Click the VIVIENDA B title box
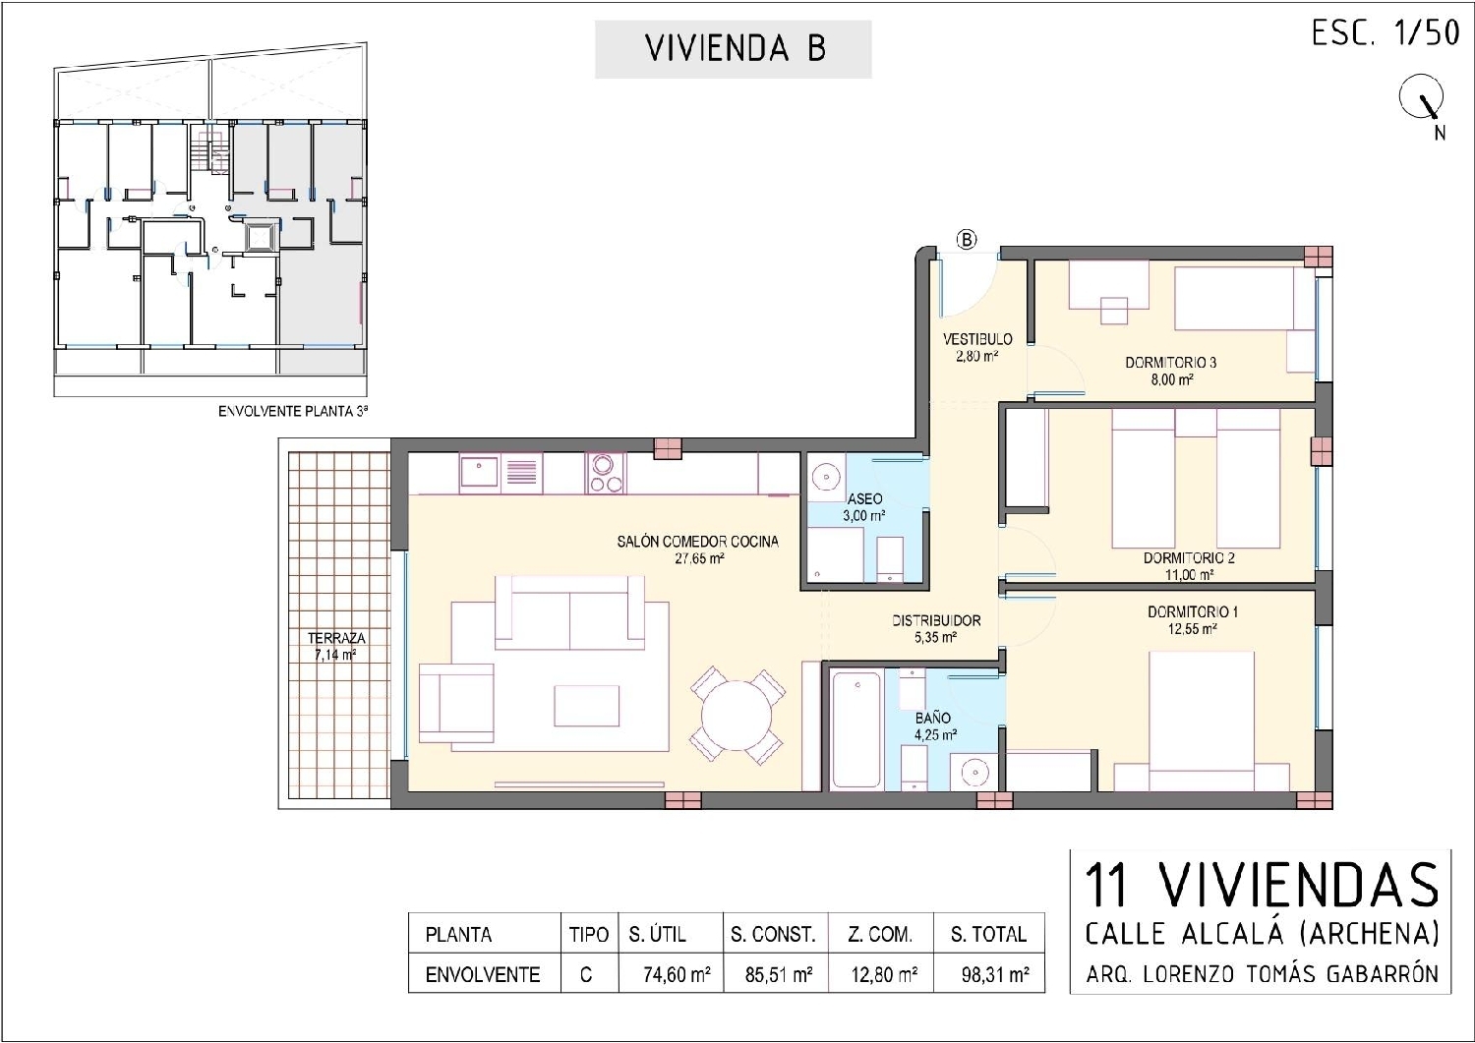pos(734,49)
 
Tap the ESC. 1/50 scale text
pos(1385,33)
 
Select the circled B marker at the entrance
pos(967,239)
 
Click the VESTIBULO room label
pos(976,339)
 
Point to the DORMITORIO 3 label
pos(1170,363)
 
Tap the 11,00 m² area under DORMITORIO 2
pos(1189,575)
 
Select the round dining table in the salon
pos(737,715)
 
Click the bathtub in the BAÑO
pos(855,728)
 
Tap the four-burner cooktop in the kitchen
pos(606,472)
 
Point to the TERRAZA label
pos(335,638)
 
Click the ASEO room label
pos(864,498)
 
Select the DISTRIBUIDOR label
pos(936,620)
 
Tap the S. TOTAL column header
pos(988,934)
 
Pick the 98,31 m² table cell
pos(994,975)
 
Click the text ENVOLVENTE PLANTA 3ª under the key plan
pos(292,413)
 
